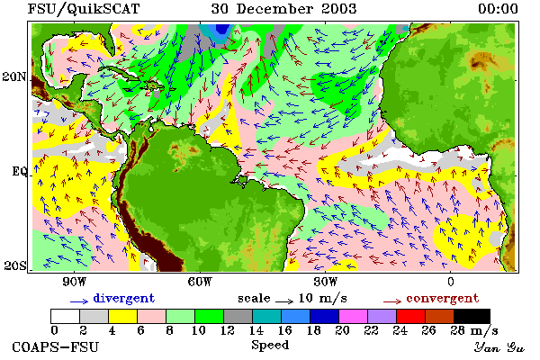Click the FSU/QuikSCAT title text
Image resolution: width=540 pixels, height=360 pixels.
pos(84,9)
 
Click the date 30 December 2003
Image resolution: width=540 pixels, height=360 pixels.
pos(283,9)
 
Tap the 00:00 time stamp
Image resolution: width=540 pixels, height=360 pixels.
pos(498,9)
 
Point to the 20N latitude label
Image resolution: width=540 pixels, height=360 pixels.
pos(14,76)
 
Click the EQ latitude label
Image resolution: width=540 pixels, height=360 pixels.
pos(19,171)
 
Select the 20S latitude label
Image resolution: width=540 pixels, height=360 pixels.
pos(14,265)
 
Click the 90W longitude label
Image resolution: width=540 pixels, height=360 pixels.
pos(74,282)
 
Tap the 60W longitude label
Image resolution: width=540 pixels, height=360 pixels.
pos(200,282)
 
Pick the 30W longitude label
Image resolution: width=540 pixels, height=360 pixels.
pos(326,282)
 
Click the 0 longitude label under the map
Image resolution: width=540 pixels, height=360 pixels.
pos(451,282)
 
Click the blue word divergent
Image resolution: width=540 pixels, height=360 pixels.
pos(124,298)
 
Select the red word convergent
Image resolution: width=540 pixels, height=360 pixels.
pos(443,298)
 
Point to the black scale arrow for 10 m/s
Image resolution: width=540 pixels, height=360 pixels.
pos(284,301)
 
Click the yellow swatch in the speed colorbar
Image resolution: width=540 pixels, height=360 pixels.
pos(123,316)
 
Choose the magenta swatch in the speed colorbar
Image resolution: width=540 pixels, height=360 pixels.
pos(353,316)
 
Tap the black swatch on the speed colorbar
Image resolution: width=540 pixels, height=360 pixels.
pos(472,316)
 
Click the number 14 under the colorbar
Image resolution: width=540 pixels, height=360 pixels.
pos(256,330)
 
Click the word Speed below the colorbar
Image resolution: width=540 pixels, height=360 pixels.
pos(270,346)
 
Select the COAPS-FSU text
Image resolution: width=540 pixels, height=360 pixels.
pos(56,346)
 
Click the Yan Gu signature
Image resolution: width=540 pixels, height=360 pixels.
pos(499,347)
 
